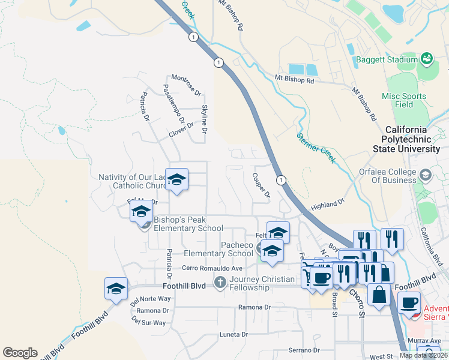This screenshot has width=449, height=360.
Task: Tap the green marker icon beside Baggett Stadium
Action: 427,58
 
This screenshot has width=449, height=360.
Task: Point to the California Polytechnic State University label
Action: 414,139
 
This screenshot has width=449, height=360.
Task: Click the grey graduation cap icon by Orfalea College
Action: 426,175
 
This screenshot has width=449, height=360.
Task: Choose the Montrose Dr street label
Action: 187,85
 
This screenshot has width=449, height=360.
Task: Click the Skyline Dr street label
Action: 205,119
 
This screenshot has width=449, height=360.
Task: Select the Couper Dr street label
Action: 262,186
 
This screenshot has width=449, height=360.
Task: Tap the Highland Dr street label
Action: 328,205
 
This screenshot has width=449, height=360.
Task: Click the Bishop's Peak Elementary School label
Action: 188,224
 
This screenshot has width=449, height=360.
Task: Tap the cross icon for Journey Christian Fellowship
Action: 220,282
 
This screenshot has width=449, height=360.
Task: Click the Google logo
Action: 20,353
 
